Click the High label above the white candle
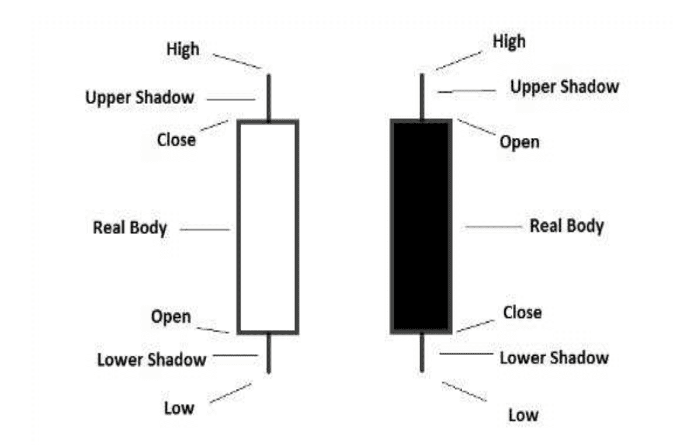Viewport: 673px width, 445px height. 183,49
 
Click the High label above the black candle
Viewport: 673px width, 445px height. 509,41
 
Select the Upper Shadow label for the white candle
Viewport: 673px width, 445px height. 140,97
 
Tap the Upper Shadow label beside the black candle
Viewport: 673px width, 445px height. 564,87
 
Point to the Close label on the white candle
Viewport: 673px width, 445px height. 176,140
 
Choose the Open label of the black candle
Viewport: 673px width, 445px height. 519,142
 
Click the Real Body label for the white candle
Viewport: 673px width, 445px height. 130,227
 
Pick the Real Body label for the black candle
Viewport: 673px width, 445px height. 566,225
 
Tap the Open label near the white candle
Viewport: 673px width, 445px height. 171,317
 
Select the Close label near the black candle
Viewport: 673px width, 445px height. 522,312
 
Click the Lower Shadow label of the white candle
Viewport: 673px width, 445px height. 151,359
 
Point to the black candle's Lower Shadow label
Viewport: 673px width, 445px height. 554,357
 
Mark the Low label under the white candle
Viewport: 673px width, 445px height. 178,407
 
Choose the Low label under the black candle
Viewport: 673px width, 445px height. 522,415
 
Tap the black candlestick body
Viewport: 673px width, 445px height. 421,227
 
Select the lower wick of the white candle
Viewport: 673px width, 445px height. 269,353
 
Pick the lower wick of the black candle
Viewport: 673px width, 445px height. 422,352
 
